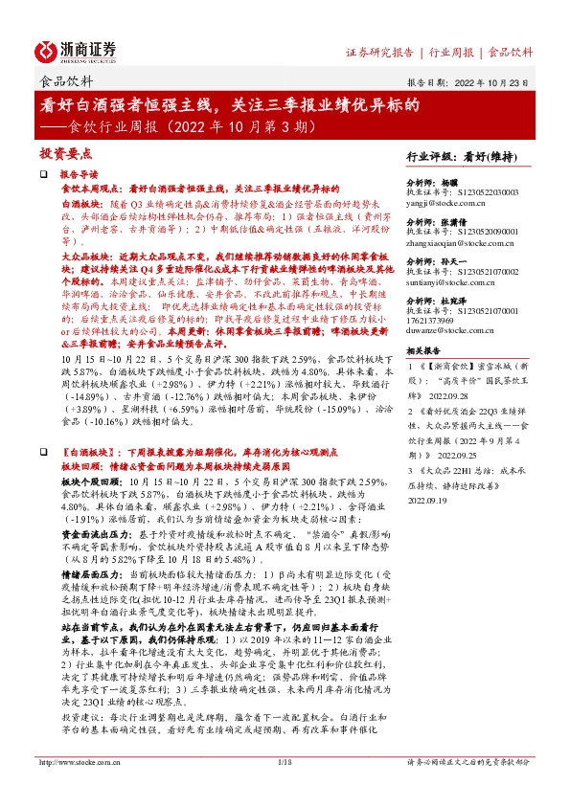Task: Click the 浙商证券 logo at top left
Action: (77, 51)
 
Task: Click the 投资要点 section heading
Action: (65, 153)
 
